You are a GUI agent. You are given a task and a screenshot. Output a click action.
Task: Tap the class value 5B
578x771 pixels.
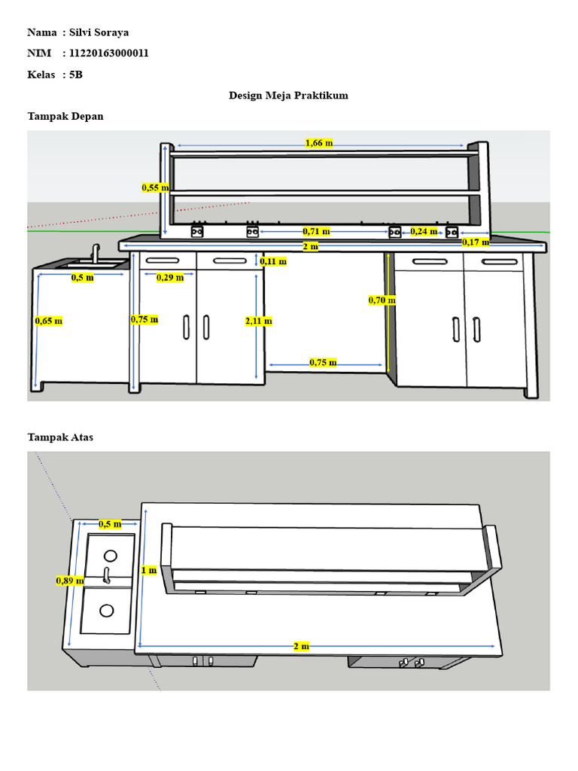[75, 75]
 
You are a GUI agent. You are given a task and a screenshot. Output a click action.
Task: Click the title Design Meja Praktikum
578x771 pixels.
[288, 96]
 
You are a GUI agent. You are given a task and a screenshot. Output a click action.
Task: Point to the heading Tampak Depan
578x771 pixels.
[65, 117]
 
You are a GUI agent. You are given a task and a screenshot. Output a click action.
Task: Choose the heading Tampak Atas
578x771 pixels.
[60, 437]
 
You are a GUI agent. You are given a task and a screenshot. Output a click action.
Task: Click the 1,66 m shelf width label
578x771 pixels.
[319, 143]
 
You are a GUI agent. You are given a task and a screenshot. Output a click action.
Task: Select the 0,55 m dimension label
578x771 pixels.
[155, 188]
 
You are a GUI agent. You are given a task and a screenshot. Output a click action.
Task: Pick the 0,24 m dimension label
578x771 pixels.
[423, 231]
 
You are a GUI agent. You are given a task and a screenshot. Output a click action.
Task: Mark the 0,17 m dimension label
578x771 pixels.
[476, 242]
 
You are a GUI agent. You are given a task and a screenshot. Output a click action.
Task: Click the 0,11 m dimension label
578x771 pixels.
[272, 262]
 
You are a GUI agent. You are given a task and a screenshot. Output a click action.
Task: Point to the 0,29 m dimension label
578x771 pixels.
[170, 278]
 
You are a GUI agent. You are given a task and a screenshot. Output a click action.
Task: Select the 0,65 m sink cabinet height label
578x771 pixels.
[48, 321]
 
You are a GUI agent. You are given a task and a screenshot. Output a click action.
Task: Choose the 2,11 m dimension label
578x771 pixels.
[258, 321]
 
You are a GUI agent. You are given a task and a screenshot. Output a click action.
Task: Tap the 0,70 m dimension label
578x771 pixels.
[382, 300]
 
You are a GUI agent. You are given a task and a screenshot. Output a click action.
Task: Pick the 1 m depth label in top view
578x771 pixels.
[148, 570]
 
